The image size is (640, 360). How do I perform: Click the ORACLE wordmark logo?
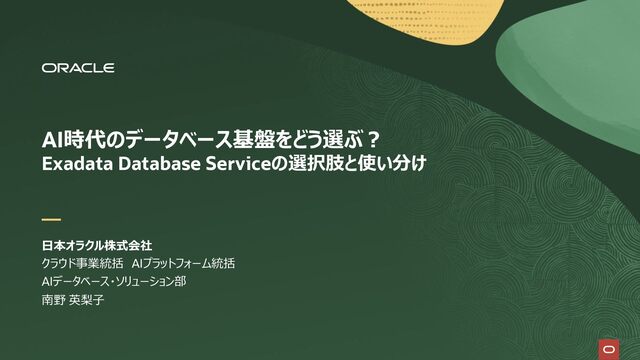[78, 68]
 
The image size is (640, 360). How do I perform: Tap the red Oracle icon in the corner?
[609, 349]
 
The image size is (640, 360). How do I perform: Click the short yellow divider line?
[51, 220]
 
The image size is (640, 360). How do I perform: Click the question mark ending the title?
[372, 140]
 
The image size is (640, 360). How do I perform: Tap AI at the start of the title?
[51, 140]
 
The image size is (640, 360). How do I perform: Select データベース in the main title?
[179, 140]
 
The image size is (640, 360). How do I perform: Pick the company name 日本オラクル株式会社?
[97, 246]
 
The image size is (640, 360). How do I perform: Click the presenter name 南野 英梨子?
[73, 300]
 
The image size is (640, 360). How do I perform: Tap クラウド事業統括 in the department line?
[82, 264]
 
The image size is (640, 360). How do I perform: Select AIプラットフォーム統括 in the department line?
[183, 264]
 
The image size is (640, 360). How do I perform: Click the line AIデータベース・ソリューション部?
[114, 282]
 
